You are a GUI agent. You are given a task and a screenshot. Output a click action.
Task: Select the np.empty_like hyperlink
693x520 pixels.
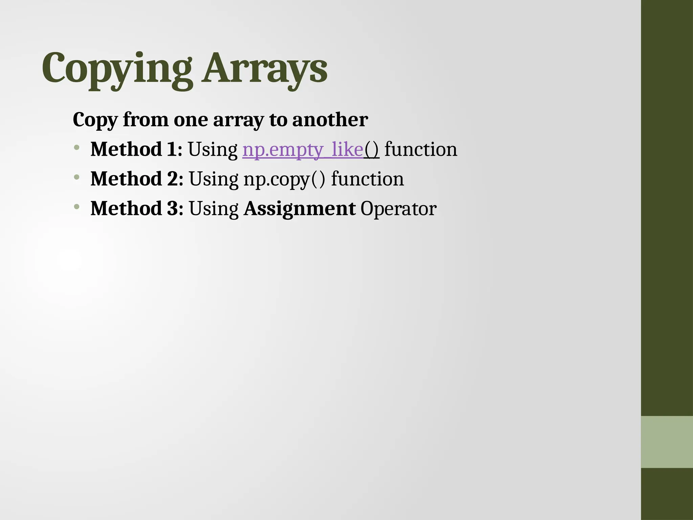(x=303, y=149)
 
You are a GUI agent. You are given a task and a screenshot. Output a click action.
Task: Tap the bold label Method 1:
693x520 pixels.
(x=136, y=149)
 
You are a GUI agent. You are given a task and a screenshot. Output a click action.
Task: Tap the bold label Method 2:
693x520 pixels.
(x=137, y=179)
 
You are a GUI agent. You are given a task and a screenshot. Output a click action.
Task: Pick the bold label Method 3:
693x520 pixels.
(x=137, y=208)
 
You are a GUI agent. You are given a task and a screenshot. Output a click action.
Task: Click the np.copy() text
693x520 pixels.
(x=284, y=179)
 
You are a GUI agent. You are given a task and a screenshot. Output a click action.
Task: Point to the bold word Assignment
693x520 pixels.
(x=299, y=209)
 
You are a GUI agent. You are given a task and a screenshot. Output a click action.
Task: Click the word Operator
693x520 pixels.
(x=398, y=209)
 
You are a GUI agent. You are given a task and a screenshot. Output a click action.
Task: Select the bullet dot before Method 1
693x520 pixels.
(x=77, y=147)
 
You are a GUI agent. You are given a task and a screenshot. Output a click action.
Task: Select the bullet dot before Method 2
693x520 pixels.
(x=77, y=177)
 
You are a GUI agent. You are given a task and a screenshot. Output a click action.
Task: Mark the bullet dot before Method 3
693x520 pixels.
(x=77, y=206)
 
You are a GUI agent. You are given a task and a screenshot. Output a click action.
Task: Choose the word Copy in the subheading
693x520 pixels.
(x=95, y=120)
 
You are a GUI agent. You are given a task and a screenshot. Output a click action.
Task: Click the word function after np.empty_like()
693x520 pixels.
(x=421, y=149)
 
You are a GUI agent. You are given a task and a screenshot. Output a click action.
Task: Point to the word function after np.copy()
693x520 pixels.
(x=367, y=179)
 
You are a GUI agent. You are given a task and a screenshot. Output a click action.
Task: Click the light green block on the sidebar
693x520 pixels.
(x=667, y=442)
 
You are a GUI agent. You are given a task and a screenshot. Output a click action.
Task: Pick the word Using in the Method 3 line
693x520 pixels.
(x=214, y=209)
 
